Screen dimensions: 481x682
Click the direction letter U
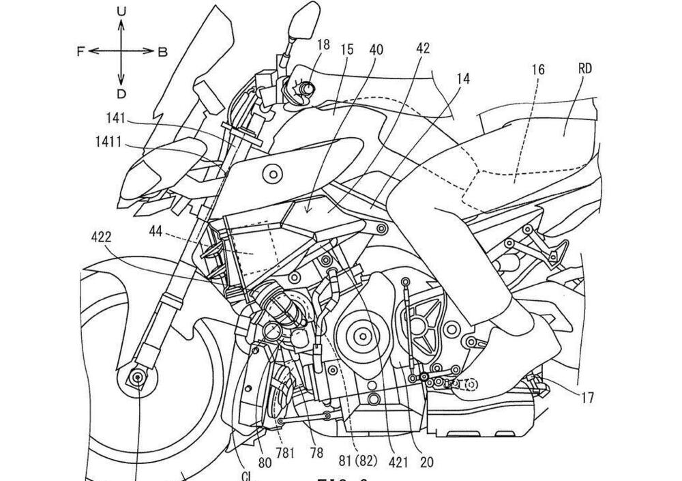click(121, 11)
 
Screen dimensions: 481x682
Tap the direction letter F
click(81, 52)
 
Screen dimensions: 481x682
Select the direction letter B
click(162, 52)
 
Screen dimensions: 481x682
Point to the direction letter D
click(121, 93)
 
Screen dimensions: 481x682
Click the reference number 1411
click(109, 143)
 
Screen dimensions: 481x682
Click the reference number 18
click(323, 45)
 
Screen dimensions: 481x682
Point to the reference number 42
click(423, 48)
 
